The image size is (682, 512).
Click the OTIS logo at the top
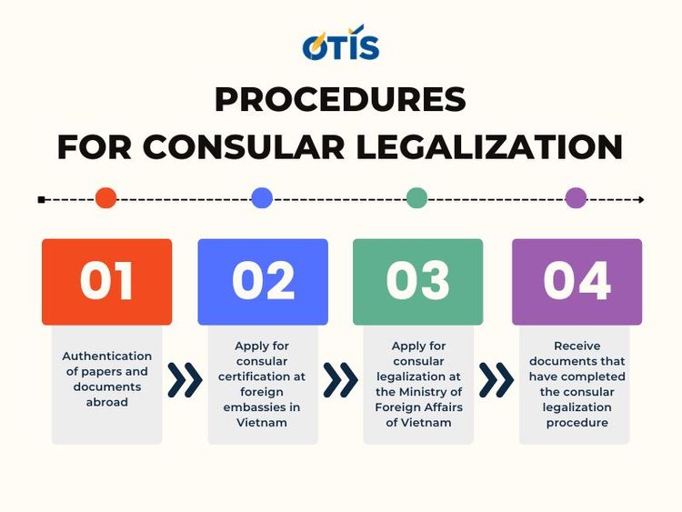click(340, 43)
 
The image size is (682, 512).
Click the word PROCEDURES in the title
click(340, 99)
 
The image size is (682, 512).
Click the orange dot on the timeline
click(105, 198)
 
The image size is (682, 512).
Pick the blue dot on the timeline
click(262, 198)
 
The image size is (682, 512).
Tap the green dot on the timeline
click(416, 198)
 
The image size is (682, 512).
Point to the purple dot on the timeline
click(576, 198)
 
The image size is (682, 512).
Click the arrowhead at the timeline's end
click(640, 199)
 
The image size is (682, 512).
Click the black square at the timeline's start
click(42, 199)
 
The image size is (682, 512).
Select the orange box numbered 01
click(106, 281)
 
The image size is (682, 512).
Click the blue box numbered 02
click(263, 281)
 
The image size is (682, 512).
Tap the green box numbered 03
click(417, 281)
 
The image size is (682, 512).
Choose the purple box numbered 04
click(577, 281)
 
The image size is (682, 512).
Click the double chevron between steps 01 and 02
click(185, 380)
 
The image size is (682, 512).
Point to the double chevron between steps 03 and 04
click(496, 380)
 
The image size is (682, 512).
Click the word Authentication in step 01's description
click(106, 356)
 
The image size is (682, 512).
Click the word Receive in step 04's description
click(576, 346)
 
